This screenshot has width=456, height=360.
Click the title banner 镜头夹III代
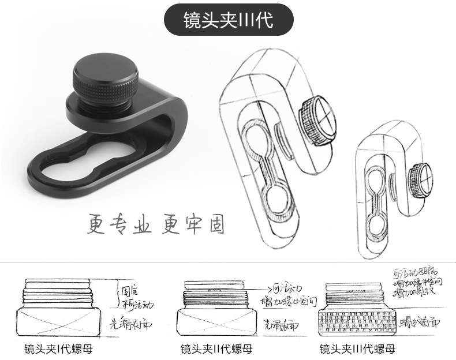click(x=228, y=21)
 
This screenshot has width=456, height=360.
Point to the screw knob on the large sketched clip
click(x=316, y=116)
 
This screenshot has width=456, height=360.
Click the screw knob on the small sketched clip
click(x=419, y=175)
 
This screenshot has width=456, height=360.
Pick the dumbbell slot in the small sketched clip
click(x=376, y=201)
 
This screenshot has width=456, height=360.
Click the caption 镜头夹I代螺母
click(x=58, y=349)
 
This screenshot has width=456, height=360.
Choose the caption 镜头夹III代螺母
click(x=358, y=349)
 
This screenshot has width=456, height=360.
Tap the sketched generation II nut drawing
click(x=217, y=310)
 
